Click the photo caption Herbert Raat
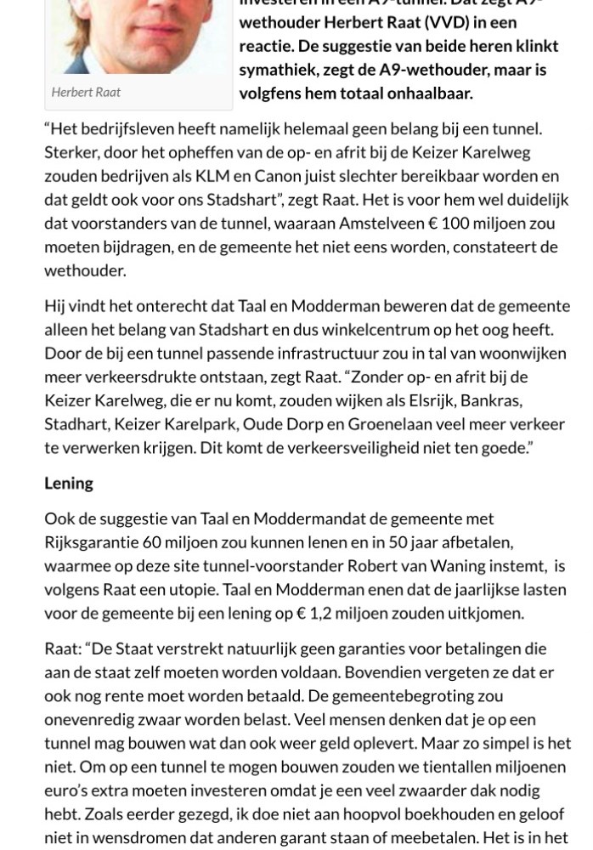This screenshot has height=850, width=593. [86, 92]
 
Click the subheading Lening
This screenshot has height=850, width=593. [69, 483]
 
